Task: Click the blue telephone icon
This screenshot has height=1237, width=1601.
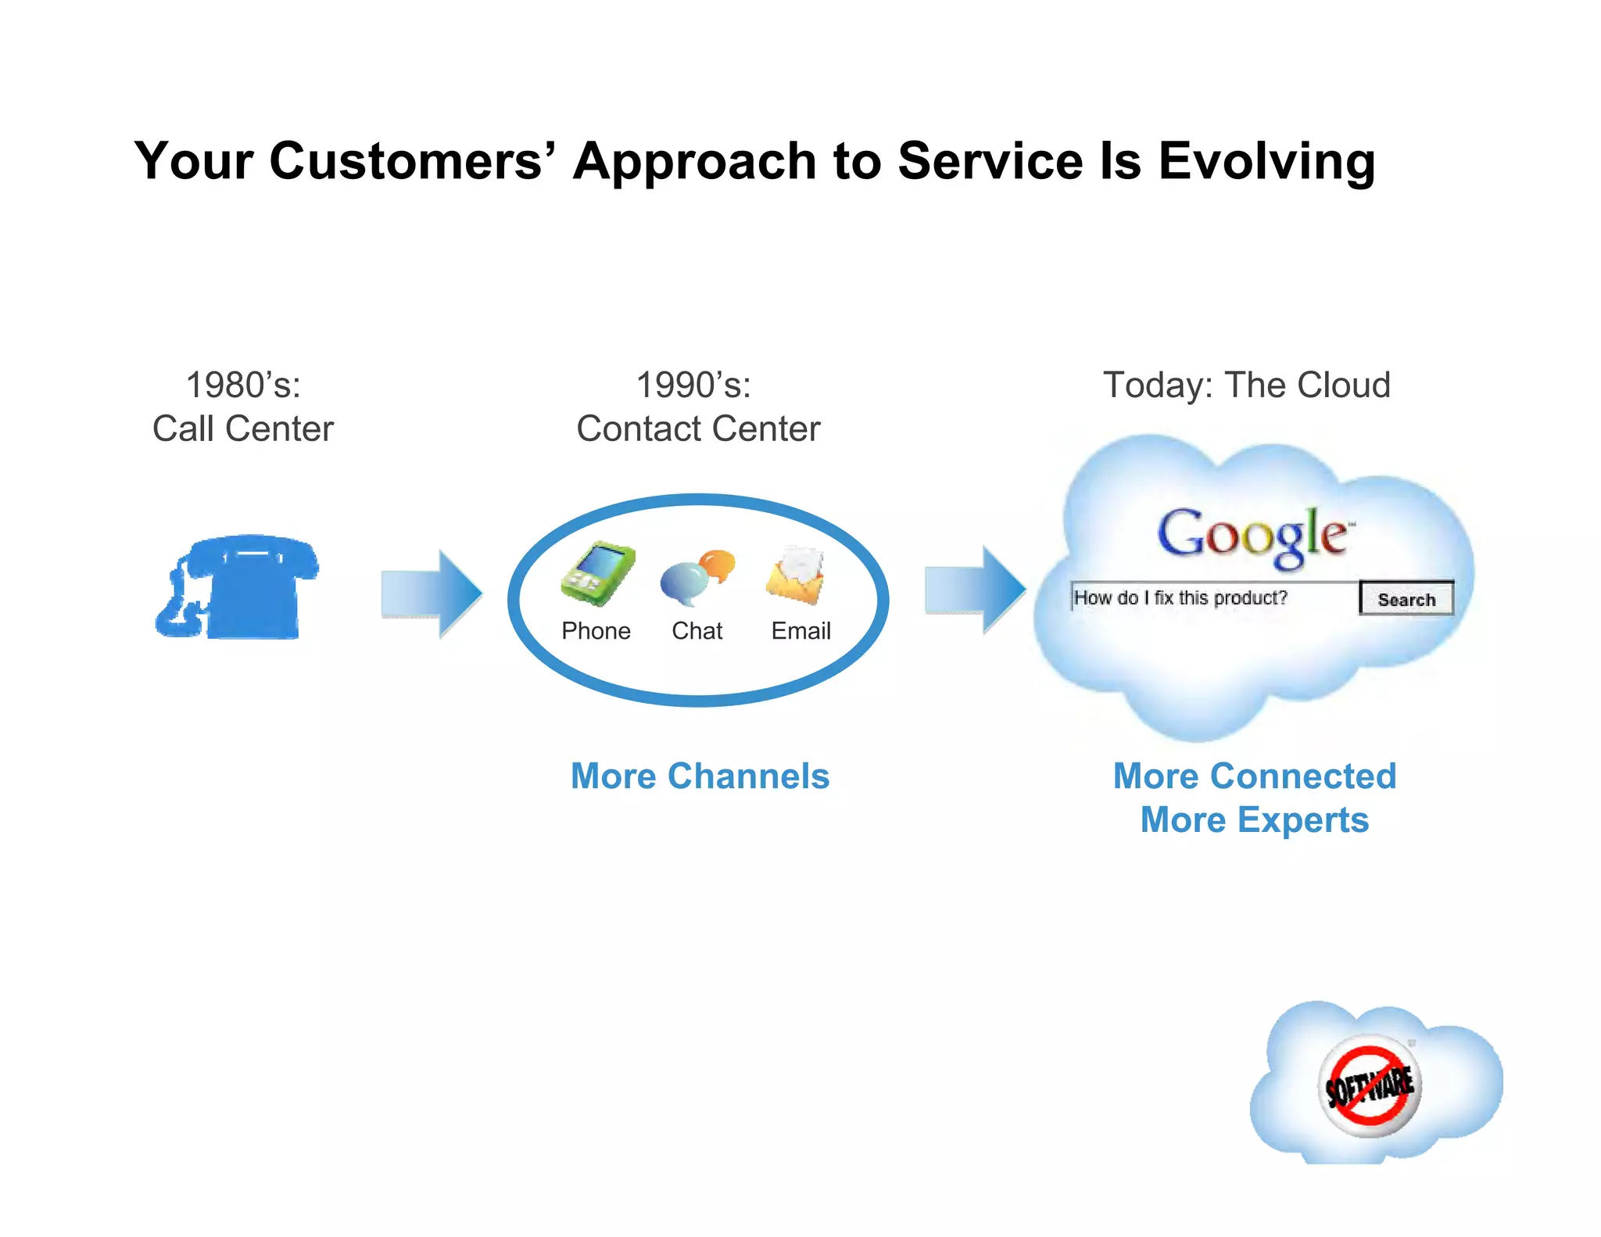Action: coord(238,588)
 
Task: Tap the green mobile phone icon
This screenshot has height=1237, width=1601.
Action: coord(598,574)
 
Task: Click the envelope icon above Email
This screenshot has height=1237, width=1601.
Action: coord(797,575)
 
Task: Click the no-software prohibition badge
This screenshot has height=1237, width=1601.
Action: coord(1370,1085)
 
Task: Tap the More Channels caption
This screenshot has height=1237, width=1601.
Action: coord(700,776)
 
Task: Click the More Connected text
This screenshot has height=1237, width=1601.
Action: coord(1254,776)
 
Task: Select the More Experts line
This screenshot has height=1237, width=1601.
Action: coord(1254,820)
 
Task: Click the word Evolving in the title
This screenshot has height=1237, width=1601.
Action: coord(1266,162)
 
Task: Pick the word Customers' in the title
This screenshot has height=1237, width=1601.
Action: coord(412,160)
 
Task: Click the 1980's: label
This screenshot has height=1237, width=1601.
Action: coord(243,385)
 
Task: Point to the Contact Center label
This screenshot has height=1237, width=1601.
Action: coord(698,429)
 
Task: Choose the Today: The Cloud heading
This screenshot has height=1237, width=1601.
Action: coord(1246,385)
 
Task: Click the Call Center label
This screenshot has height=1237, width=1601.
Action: coord(243,429)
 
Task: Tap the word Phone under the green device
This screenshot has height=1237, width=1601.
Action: coord(596,631)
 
